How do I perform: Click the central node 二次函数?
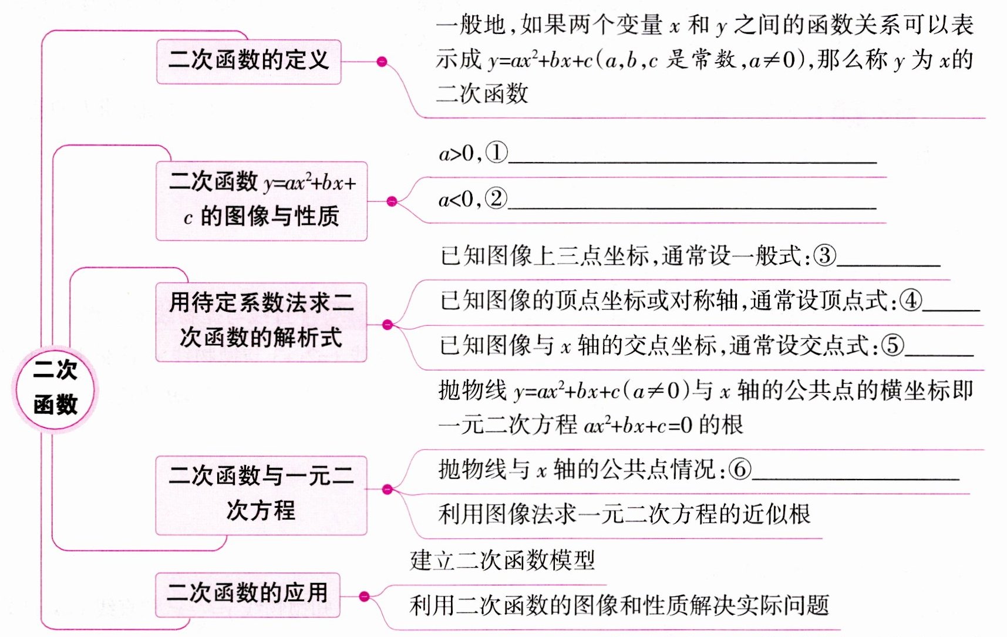(x=55, y=388)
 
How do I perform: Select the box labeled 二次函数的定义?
(x=248, y=61)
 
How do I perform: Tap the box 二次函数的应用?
(x=247, y=594)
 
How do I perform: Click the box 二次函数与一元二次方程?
(x=261, y=494)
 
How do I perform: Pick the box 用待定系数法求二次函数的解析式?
(x=261, y=321)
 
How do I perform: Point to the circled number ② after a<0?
(x=496, y=198)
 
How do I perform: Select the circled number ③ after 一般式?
(x=824, y=255)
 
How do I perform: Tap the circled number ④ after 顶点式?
(x=910, y=301)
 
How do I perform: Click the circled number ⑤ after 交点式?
(x=893, y=345)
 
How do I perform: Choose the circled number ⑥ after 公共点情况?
(x=740, y=469)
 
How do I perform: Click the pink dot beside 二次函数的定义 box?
(x=382, y=61)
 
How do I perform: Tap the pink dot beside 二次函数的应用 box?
(x=364, y=596)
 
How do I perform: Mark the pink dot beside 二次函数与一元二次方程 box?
(x=387, y=489)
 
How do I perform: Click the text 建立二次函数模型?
(x=503, y=560)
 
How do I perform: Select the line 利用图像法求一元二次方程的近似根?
(x=624, y=514)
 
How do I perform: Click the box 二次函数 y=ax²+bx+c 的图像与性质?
(x=261, y=200)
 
